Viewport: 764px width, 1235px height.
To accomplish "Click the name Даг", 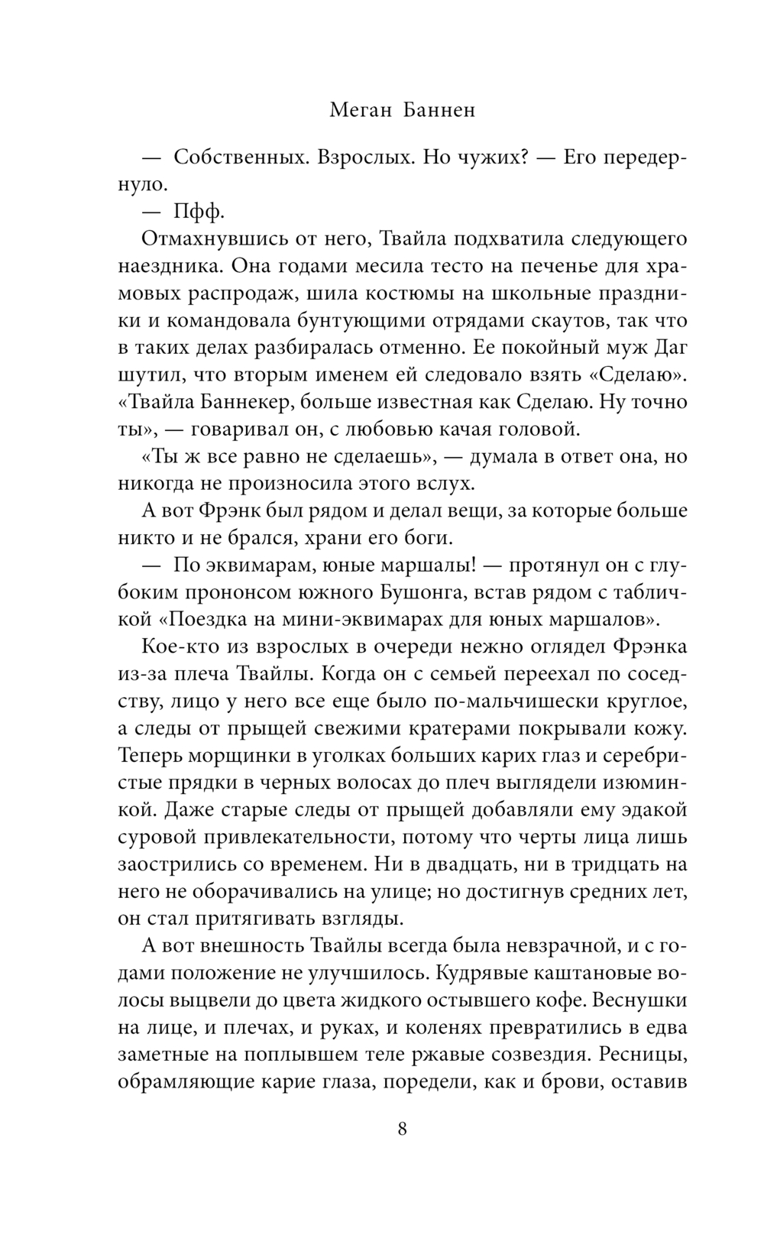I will (x=671, y=348).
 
